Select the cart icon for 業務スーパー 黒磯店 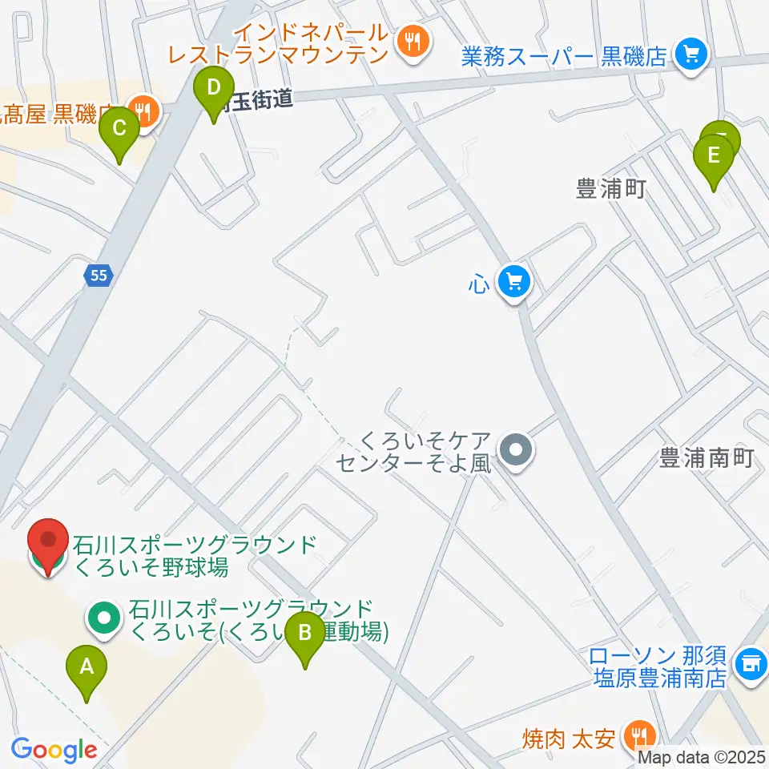click(689, 54)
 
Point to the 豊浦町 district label click(610, 189)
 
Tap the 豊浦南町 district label click(707, 458)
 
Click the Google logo click(54, 750)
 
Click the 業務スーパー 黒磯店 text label click(564, 56)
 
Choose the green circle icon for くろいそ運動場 click(104, 618)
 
